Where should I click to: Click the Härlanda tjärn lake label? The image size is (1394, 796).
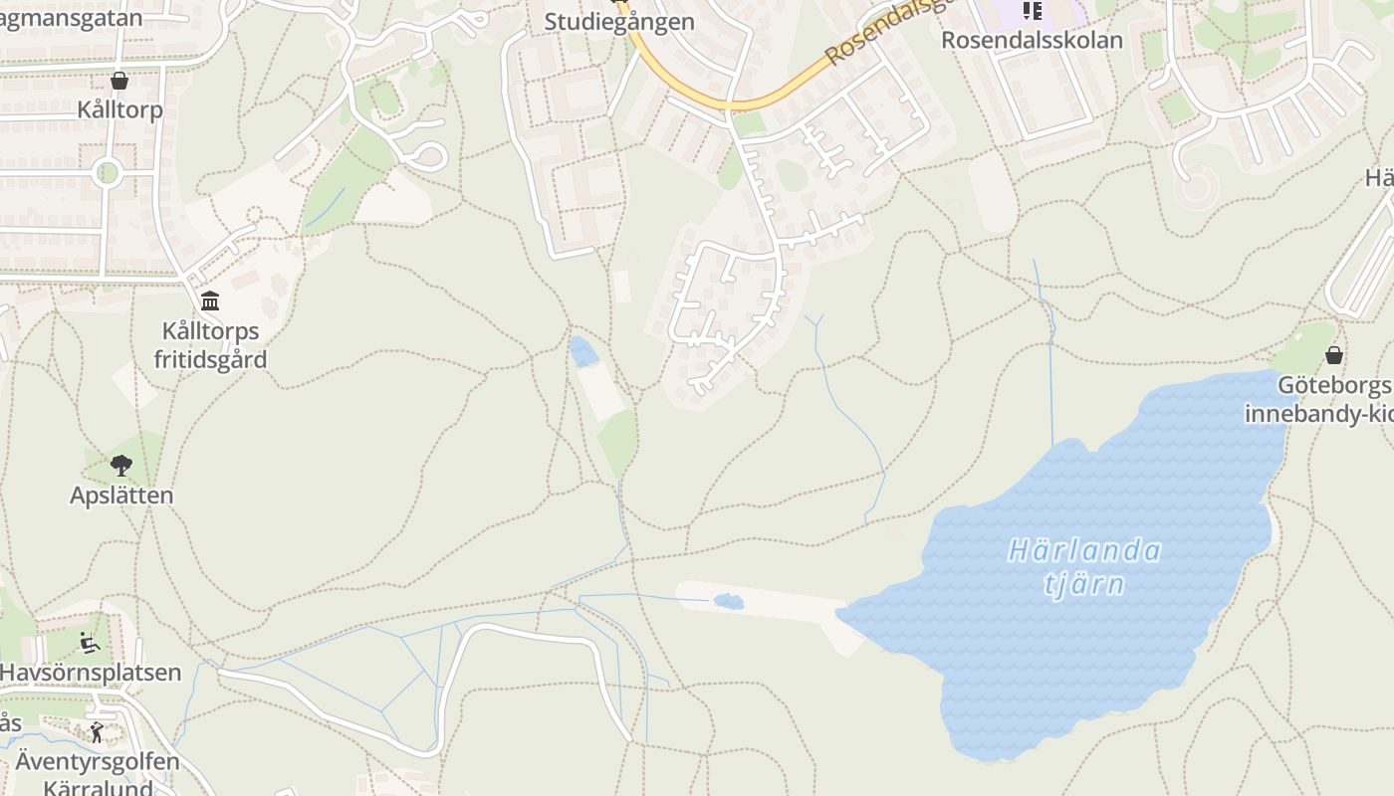coord(1084,566)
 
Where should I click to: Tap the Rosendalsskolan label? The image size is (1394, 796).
coord(1032,40)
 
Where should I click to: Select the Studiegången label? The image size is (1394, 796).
coord(618,22)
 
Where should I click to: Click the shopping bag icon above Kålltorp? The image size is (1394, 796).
coord(119,81)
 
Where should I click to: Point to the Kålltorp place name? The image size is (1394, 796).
coord(119,109)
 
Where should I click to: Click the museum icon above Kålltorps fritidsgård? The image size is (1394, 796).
coord(210,300)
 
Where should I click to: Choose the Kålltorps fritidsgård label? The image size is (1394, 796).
coord(210,344)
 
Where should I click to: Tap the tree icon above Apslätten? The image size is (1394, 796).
coord(121,465)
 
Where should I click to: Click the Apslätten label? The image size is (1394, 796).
coord(121,495)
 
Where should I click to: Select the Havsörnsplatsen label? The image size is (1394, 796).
coord(90,673)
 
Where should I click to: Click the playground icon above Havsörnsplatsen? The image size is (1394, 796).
coord(90,643)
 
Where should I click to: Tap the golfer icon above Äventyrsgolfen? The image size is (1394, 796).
coord(97,733)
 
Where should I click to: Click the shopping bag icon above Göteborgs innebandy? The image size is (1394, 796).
coord(1334,355)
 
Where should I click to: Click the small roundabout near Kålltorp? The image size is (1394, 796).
coord(107,173)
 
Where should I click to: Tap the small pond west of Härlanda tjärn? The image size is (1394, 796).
coord(728,601)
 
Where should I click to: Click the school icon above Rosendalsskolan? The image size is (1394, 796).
coord(1032,11)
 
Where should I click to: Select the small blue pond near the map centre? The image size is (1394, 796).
coord(583,350)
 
